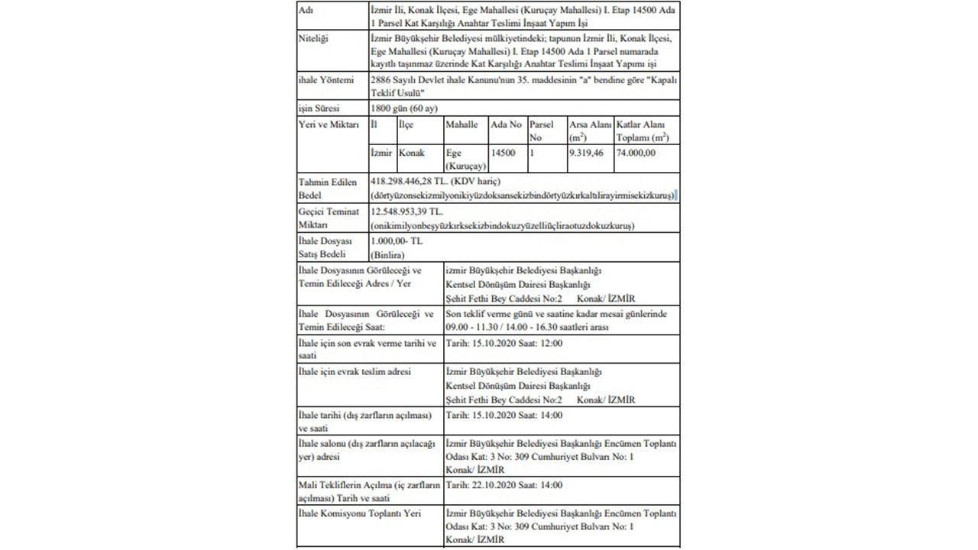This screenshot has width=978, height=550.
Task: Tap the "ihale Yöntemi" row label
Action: [326, 79]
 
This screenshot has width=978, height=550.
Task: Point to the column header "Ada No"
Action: [506, 125]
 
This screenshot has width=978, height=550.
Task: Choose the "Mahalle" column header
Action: [461, 125]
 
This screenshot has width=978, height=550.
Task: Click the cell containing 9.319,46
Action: [586, 153]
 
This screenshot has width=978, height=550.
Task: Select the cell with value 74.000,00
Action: [636, 153]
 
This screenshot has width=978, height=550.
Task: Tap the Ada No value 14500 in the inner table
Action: [503, 153]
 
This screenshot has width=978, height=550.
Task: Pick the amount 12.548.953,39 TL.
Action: [406, 212]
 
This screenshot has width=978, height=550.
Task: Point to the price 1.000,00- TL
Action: [396, 241]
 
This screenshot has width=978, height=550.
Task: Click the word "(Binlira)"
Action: [387, 254]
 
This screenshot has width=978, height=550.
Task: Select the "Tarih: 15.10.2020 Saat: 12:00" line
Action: [504, 343]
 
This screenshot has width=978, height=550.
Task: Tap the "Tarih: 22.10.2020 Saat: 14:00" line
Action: [504, 485]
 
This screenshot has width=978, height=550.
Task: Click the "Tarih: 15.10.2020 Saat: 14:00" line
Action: [504, 415]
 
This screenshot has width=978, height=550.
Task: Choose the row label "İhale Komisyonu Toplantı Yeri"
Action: [359, 513]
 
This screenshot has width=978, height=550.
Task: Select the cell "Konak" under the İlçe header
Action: [412, 153]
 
